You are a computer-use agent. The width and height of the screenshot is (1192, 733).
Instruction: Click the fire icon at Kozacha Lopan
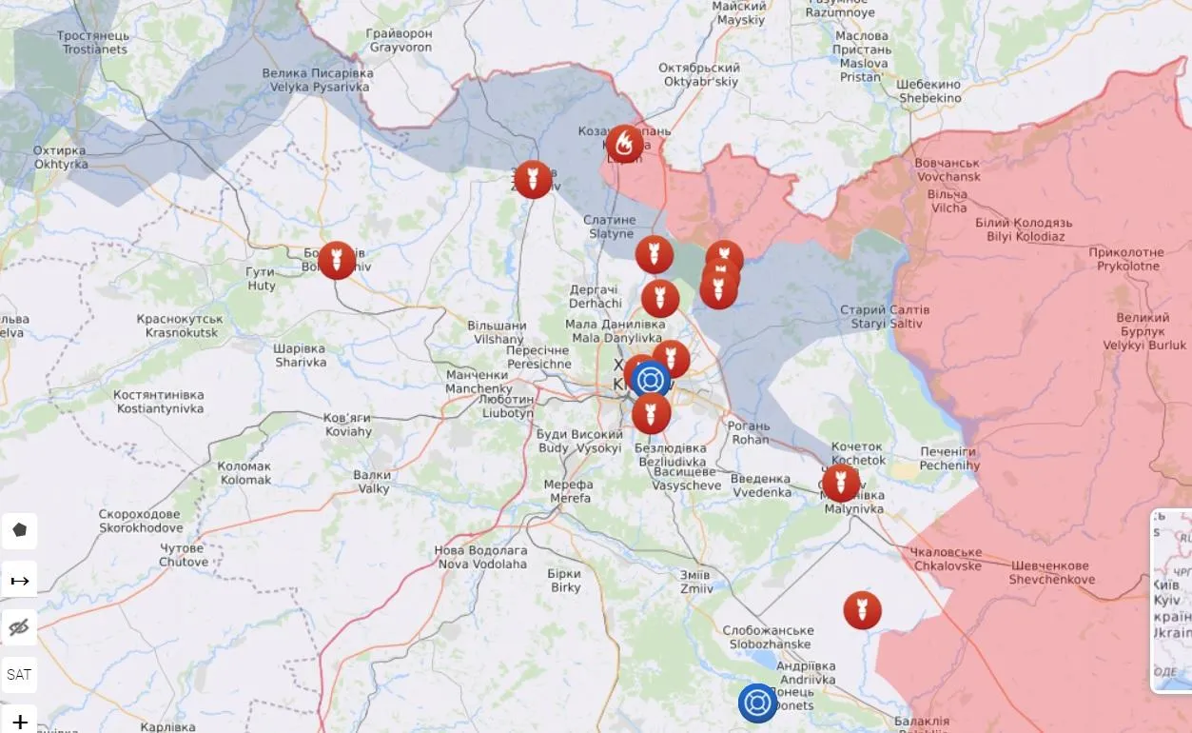pos(624,144)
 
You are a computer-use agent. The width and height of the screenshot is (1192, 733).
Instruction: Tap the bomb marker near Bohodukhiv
pos(337,260)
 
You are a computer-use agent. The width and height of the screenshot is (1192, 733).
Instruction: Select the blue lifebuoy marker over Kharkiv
pos(651,379)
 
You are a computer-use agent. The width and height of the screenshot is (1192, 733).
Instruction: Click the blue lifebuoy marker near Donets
pos(758,703)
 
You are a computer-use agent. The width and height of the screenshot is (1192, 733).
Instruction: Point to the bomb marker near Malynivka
pos(841,483)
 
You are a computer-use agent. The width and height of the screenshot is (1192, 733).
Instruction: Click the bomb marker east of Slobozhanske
pos(862,610)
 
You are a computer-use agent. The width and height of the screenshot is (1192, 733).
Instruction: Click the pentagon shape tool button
pos(20,530)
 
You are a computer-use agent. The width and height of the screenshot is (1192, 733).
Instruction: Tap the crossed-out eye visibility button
pos(20,627)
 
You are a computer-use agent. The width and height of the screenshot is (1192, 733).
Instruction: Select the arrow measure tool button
pos(20,580)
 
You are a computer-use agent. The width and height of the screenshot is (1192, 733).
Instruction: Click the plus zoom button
pos(20,722)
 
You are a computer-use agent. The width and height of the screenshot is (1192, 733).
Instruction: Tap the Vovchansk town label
pos(947,170)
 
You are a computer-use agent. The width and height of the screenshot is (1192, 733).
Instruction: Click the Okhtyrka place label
pos(59,157)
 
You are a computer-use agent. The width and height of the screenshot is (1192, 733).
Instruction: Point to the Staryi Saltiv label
pos(885,317)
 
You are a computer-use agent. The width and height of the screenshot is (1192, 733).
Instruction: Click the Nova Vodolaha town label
pos(480,557)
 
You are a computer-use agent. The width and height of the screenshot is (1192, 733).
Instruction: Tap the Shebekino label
pos(928,91)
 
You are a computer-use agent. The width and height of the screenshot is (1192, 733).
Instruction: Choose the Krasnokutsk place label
pos(179,326)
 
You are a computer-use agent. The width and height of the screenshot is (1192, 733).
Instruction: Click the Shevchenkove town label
pos(1051,572)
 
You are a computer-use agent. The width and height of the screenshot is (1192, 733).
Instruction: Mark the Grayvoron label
pos(400,40)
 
